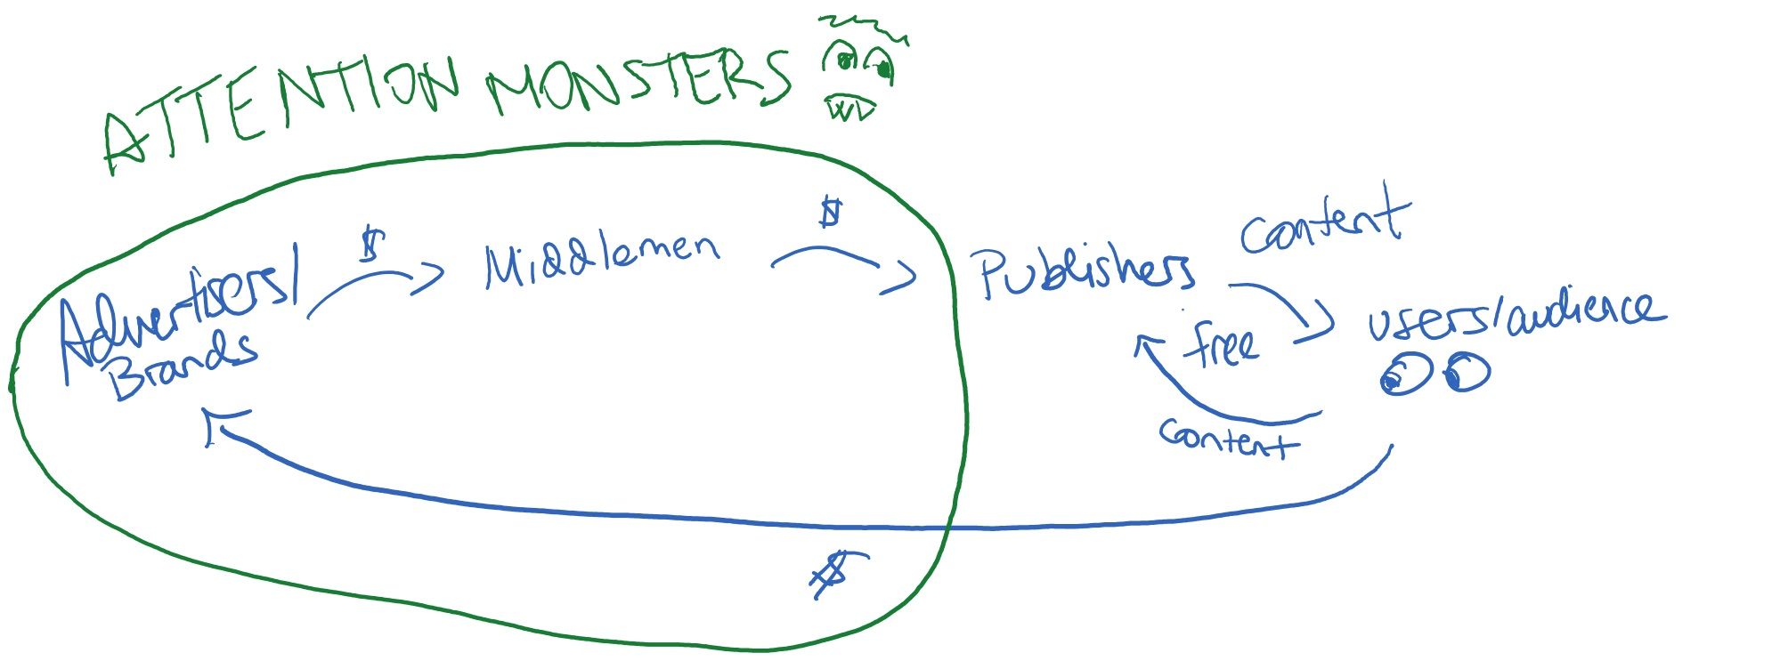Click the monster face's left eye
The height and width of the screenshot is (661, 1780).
pyautogui.click(x=842, y=60)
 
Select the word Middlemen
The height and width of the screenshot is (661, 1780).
pyautogui.click(x=601, y=258)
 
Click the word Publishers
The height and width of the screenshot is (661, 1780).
pyautogui.click(x=1086, y=271)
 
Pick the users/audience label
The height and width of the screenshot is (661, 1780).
pyautogui.click(x=1514, y=316)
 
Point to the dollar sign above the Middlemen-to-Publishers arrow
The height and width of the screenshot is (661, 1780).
pyautogui.click(x=830, y=214)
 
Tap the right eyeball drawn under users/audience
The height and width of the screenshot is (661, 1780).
pyautogui.click(x=1465, y=373)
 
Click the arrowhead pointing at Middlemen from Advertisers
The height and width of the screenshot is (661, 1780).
pyautogui.click(x=430, y=277)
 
